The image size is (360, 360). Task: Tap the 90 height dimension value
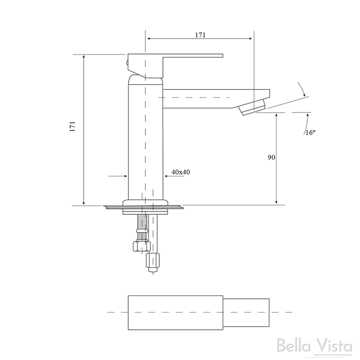(271, 157)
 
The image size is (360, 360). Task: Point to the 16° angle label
(310, 132)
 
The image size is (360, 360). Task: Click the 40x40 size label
(180, 172)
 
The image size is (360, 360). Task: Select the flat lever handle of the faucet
(189, 56)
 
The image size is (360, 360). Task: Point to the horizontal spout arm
(202, 98)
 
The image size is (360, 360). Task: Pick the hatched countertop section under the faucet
(144, 207)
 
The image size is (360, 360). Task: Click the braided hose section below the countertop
(141, 222)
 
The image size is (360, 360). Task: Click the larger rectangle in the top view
(175, 312)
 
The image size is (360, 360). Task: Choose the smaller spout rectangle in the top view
(246, 312)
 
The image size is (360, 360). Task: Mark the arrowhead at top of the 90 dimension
(276, 115)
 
